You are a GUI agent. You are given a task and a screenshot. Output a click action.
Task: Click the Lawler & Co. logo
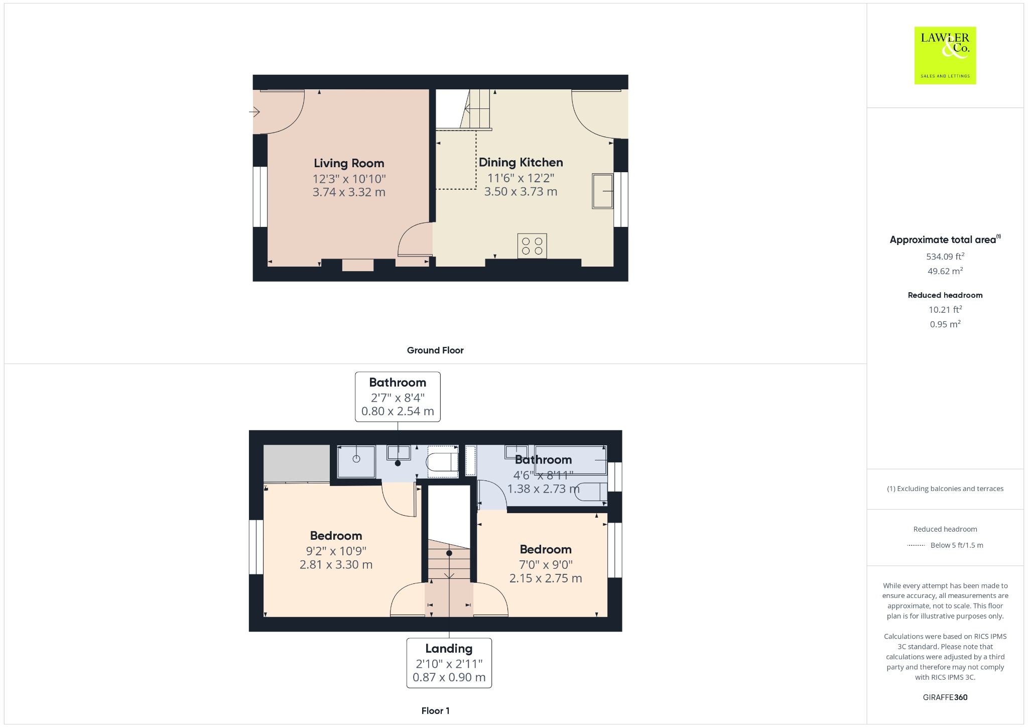(945, 55)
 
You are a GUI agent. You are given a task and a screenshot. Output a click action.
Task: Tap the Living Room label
(349, 163)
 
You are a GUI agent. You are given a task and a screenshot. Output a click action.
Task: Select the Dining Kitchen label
(521, 162)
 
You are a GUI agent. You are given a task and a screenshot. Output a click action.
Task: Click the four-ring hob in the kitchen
(532, 246)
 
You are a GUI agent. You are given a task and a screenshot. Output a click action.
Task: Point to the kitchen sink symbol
(602, 191)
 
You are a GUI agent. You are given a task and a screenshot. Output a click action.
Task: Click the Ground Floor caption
(435, 350)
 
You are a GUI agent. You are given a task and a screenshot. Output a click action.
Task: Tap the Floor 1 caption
(435, 711)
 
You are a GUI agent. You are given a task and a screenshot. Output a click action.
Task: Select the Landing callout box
(449, 663)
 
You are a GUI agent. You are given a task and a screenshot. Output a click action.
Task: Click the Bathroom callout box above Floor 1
(398, 397)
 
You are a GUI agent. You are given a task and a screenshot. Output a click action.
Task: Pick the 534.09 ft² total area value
(945, 257)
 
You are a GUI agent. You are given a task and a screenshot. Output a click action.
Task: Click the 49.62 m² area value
(945, 271)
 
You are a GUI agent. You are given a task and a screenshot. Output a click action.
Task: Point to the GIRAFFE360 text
(945, 697)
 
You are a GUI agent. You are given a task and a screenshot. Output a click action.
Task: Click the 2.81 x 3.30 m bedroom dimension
(336, 565)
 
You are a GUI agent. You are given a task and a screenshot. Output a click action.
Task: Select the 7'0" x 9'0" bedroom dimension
(546, 565)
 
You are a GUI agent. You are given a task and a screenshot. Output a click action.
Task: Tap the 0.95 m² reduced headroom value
(945, 324)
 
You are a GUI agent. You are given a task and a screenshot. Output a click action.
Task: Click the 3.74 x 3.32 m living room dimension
(349, 192)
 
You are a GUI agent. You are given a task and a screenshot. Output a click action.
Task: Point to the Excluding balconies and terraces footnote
(945, 489)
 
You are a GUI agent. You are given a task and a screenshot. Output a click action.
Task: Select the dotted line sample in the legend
(916, 545)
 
